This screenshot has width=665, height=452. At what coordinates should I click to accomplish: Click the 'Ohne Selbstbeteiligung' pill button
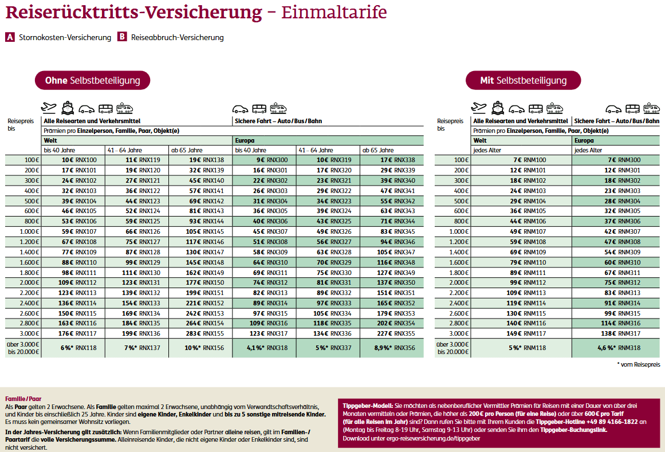(92, 80)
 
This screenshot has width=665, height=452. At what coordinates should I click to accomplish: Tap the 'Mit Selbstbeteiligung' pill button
(523, 80)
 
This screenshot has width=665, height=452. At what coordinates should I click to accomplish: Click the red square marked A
(10, 37)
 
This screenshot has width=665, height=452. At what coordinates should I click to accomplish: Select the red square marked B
(122, 37)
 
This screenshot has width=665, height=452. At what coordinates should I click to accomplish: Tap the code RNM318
(629, 347)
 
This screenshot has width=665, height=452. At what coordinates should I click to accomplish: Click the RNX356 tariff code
(404, 347)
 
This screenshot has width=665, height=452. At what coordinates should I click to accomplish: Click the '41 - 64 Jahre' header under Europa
(315, 150)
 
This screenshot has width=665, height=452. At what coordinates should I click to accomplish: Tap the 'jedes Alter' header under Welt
(487, 150)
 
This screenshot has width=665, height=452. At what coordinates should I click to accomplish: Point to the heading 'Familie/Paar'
(23, 398)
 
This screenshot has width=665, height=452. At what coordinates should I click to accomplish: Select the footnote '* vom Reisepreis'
(638, 364)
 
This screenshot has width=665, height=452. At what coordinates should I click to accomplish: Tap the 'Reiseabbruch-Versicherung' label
(177, 37)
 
